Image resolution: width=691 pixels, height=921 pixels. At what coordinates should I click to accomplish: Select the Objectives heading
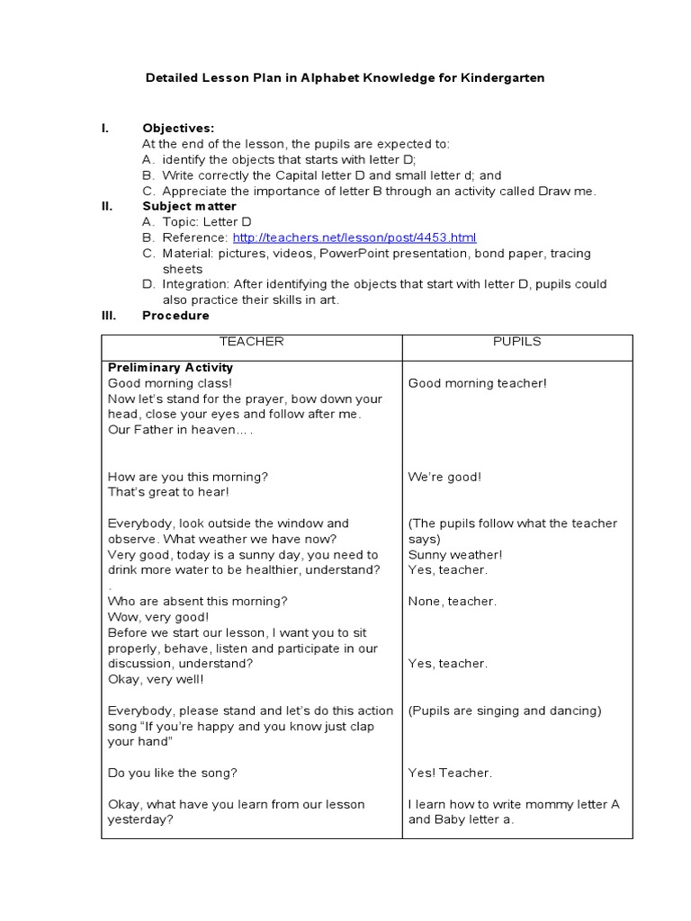coord(178,129)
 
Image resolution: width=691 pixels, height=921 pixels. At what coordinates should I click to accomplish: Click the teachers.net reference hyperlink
coord(354,237)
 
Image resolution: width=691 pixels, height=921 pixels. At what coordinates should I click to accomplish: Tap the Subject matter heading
coord(189,206)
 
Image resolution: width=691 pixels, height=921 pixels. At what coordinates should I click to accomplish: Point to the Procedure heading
coord(175,316)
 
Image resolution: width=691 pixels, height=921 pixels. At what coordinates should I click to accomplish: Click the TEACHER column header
coord(252,342)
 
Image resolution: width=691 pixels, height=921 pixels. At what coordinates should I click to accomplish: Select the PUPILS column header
coord(516,342)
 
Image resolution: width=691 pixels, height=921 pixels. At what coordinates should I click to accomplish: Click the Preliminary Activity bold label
coord(170,368)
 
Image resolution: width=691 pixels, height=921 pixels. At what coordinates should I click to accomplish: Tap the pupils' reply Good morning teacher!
coord(477,383)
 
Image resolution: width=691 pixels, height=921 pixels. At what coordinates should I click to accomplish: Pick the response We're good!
coord(444,477)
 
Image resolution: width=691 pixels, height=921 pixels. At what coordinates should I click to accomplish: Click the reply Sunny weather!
coord(455,555)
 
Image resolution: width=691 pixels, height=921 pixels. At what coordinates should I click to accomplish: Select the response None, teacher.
coord(452,602)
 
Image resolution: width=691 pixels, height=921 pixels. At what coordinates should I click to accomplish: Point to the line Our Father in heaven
coord(180,430)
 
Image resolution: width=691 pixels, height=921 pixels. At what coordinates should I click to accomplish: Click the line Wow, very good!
coord(157,617)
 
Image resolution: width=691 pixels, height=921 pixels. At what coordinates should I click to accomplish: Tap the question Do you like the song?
coord(172,773)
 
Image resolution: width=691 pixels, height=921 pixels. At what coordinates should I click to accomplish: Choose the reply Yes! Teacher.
coord(450,773)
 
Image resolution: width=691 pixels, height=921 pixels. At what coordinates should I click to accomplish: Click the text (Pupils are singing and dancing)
coord(505,711)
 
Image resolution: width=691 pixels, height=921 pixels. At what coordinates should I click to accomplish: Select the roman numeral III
coord(107,316)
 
